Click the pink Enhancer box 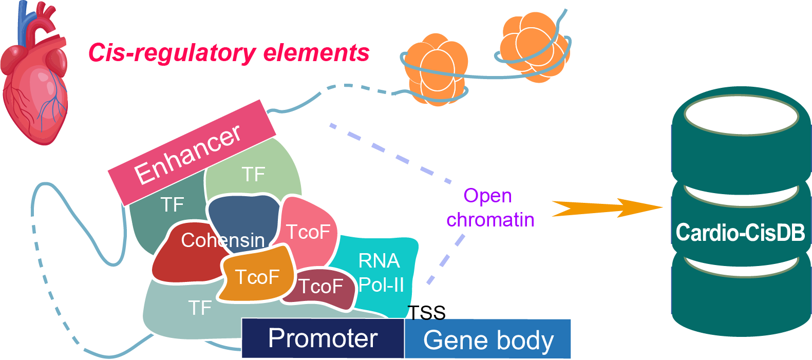pos(192,153)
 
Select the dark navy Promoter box pos(323,338)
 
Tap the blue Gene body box pos(487,339)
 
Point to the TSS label pos(427,313)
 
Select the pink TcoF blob pos(308,232)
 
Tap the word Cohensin pos(223,240)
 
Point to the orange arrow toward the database pos(607,208)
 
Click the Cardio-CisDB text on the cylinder pos(740,232)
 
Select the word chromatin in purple pos(490,220)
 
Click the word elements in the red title pos(316,53)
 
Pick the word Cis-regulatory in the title pos(173,53)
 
